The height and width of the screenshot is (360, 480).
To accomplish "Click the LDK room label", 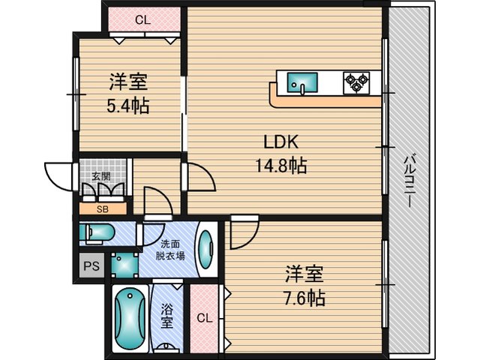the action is coord(280,142).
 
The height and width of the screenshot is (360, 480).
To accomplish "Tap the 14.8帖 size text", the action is coord(280,166).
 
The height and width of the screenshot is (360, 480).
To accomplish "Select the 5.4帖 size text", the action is coord(128,106).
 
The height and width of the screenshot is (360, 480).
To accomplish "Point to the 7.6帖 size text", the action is coord(304,298).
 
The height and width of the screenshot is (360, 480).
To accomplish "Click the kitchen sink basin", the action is coord(301,82).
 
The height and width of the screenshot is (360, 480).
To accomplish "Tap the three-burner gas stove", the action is coord(356,82).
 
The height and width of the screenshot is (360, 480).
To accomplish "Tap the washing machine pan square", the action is coord(124,265).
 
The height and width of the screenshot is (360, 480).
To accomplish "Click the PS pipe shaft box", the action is coord(91,265).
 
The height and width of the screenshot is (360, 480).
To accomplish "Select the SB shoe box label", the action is coord(103,209).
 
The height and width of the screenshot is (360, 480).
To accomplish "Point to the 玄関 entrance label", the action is coord(101,177).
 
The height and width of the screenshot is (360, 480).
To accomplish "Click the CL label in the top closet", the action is coord(143,20).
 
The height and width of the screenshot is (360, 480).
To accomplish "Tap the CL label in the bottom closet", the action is coord(205,318).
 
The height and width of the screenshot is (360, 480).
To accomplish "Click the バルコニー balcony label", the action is coord(408,181).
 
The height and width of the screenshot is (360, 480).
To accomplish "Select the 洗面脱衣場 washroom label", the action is coord(170,250).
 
